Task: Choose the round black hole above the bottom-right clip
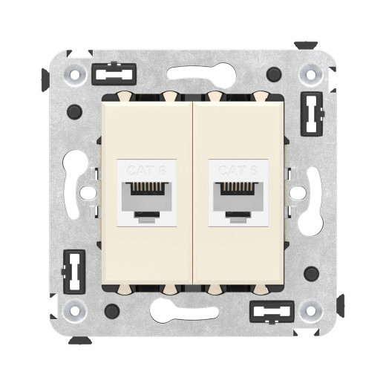(x=313, y=272)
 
